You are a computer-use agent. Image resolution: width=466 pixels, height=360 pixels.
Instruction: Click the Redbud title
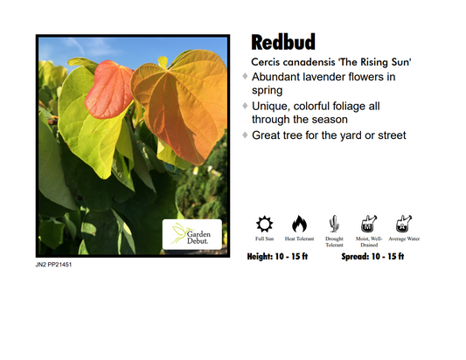pos(283,43)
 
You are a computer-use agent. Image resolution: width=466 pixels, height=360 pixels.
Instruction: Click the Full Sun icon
pos(265,224)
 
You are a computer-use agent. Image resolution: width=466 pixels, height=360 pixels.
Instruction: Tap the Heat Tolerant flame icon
pos(299,224)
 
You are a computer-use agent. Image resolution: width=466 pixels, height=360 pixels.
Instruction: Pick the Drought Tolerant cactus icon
pos(334,224)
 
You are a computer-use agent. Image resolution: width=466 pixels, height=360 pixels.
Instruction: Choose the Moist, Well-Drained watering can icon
pos(368,224)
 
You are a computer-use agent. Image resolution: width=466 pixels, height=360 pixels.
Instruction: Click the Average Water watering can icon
pos(403,224)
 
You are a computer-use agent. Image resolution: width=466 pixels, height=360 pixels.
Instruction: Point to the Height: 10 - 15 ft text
pos(282,257)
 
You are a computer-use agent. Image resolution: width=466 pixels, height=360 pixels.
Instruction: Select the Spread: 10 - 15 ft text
pos(372,257)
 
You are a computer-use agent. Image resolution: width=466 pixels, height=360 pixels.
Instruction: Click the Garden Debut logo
pos(191,233)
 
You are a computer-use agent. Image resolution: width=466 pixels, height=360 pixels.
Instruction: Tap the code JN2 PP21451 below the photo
pos(54,264)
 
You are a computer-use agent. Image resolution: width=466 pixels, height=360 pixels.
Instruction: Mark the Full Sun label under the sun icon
pos(265,239)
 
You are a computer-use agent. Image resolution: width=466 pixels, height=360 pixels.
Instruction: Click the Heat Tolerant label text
pos(299,239)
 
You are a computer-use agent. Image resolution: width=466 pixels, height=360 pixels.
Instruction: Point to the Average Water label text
pos(403,239)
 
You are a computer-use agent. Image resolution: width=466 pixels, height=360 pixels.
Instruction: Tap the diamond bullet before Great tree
pos(246,135)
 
